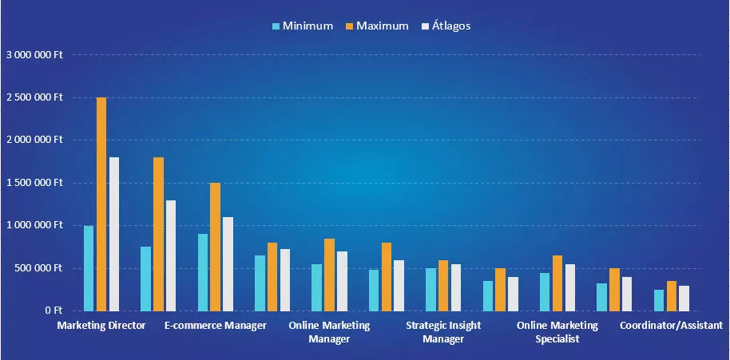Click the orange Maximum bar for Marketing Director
(101, 204)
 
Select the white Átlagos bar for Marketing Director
(114, 234)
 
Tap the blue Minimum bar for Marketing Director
(89, 268)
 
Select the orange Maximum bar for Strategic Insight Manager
(443, 286)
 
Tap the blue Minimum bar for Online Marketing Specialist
(545, 291)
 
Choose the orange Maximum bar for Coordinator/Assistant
(672, 295)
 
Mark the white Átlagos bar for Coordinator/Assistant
(684, 298)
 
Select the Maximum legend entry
(376, 26)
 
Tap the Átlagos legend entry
(445, 26)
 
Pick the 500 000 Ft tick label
(40, 268)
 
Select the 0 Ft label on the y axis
(53, 311)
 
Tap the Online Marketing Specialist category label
(557, 332)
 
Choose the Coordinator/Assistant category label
(671, 326)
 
